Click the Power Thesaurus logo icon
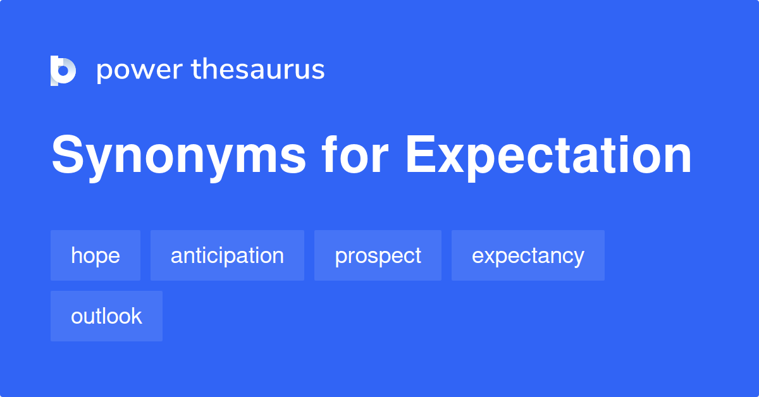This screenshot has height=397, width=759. pyautogui.click(x=63, y=70)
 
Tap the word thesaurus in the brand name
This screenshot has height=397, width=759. pyautogui.click(x=258, y=69)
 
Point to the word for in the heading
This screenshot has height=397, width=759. pyautogui.click(x=355, y=154)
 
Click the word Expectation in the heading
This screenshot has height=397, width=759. pyautogui.click(x=548, y=157)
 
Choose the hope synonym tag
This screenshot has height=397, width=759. pyautogui.click(x=96, y=255)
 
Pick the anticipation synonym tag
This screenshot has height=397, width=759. pyautogui.click(x=227, y=255)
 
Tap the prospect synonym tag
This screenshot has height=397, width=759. pyautogui.click(x=378, y=255)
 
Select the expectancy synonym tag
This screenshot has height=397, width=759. pyautogui.click(x=528, y=255)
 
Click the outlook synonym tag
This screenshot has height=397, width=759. pyautogui.click(x=106, y=316)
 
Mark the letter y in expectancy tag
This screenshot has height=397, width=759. pyautogui.click(x=577, y=259)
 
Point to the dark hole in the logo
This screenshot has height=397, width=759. pyautogui.click(x=63, y=71)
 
